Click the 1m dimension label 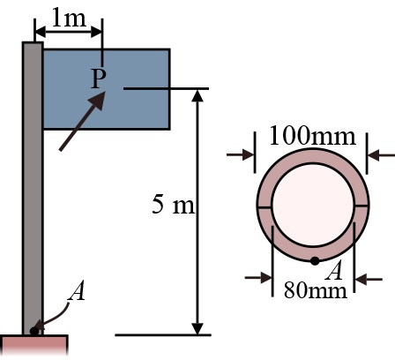[x=71, y=17]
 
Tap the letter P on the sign [x=97, y=80]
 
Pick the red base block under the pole [x=34, y=346]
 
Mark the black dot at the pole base [x=34, y=331]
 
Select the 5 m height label [x=172, y=206]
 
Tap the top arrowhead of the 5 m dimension [x=201, y=96]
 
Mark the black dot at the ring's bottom [x=314, y=260]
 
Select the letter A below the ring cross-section [x=334, y=270]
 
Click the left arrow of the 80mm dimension [x=264, y=279]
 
